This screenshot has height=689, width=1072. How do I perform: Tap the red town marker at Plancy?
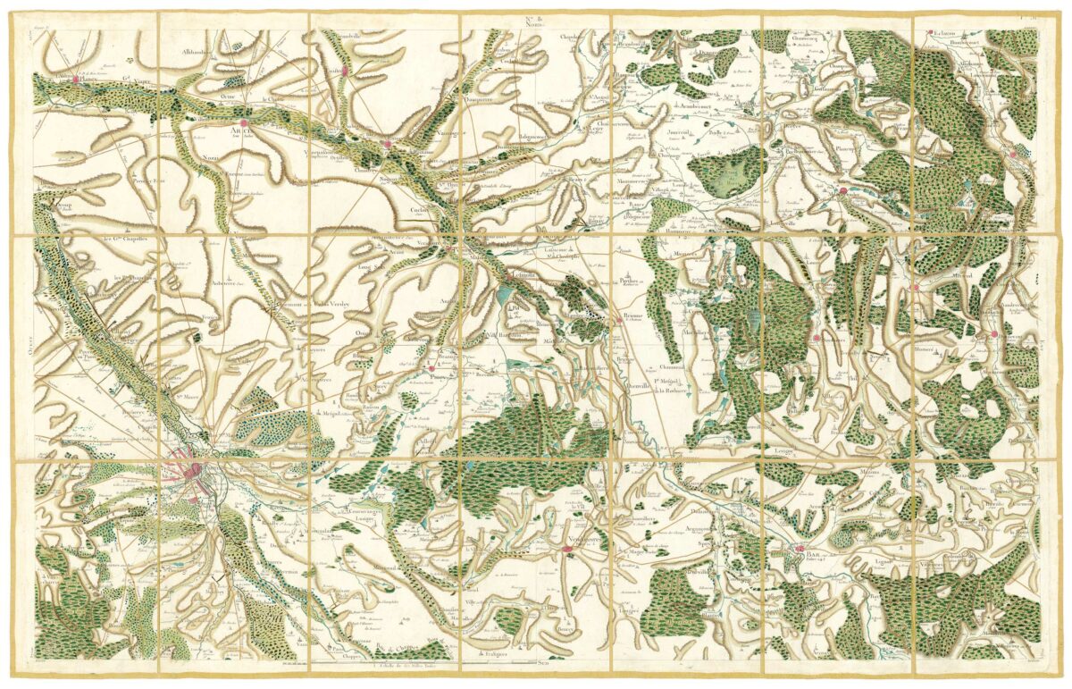[72, 79]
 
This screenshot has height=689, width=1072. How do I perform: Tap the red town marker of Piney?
[431, 366]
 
